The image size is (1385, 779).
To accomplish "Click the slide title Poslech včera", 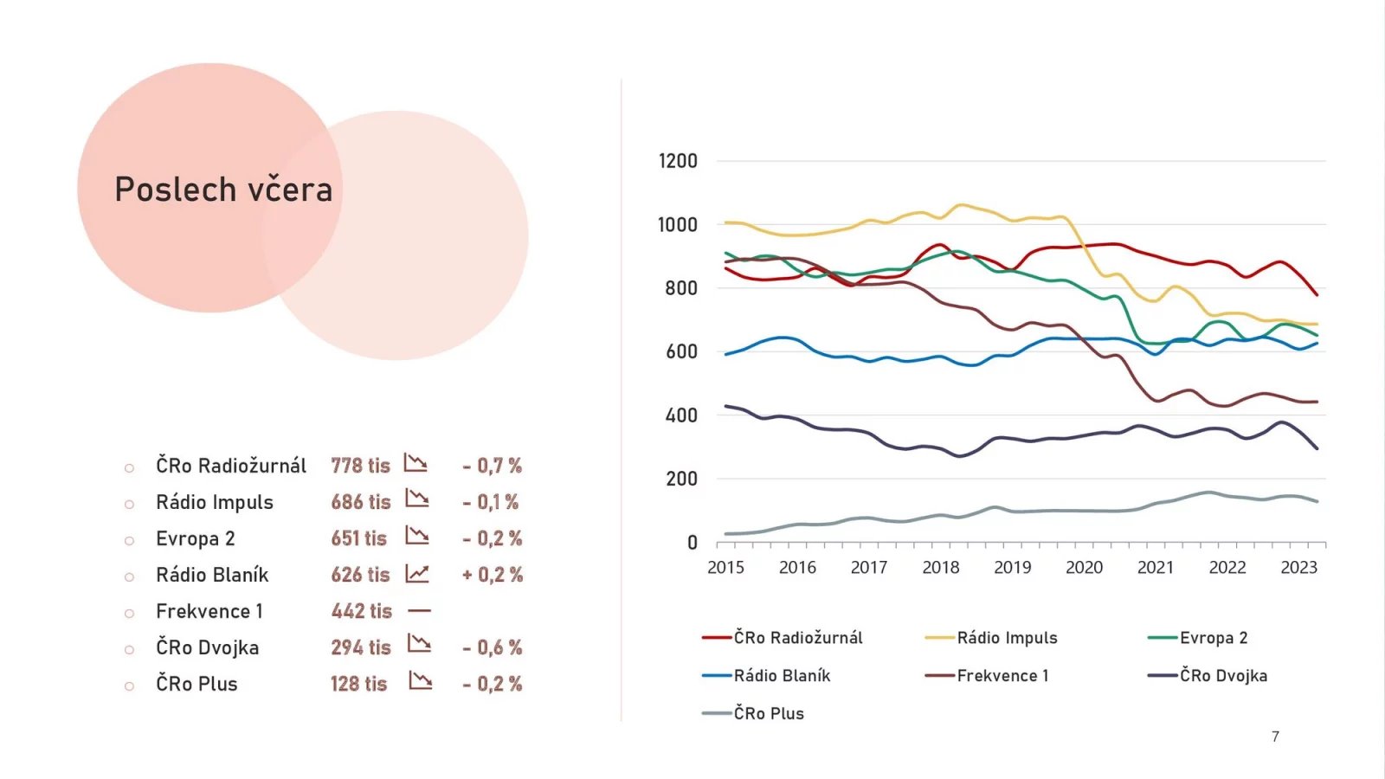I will pyautogui.click(x=223, y=190).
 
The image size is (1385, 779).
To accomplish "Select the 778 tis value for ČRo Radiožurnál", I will pyautogui.click(x=360, y=466).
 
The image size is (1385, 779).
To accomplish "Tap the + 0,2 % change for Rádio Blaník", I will pyautogui.click(x=492, y=575).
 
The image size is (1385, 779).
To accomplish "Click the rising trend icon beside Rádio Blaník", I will pyautogui.click(x=417, y=574).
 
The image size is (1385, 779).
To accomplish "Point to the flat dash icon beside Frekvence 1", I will pyautogui.click(x=419, y=611).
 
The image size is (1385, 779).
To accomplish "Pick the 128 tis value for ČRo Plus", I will pyautogui.click(x=358, y=684).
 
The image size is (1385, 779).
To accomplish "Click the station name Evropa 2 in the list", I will pyautogui.click(x=196, y=538).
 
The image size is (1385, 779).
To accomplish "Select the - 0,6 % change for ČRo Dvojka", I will pyautogui.click(x=492, y=647).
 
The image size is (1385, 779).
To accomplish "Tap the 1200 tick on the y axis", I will pyautogui.click(x=678, y=161).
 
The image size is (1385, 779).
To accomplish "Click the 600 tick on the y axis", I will pyautogui.click(x=681, y=351).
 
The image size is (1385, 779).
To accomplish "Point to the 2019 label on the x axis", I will pyautogui.click(x=1012, y=568).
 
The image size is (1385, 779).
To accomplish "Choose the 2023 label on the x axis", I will pyautogui.click(x=1298, y=568).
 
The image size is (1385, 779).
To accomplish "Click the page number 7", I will pyautogui.click(x=1275, y=737).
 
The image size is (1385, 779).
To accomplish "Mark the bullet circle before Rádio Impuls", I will pyautogui.click(x=129, y=504).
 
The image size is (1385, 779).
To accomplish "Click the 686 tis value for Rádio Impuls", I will pyautogui.click(x=360, y=502).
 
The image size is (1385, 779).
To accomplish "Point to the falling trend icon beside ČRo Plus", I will pyautogui.click(x=420, y=681).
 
